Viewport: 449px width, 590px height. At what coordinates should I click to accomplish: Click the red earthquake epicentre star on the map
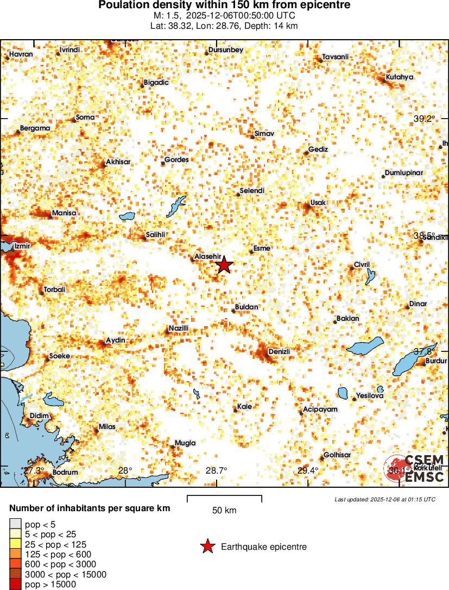tap(224, 265)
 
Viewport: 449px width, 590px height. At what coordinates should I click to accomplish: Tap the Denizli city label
tap(280, 352)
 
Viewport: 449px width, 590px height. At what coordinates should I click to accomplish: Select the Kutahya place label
tap(400, 77)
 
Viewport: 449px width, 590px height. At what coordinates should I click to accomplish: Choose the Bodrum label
tap(65, 472)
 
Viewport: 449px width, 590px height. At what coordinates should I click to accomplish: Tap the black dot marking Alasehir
tap(192, 260)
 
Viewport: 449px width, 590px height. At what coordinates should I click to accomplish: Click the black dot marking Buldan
tap(233, 311)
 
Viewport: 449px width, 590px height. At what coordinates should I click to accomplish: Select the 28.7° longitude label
tap(217, 470)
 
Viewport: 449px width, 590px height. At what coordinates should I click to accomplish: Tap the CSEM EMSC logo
tap(415, 468)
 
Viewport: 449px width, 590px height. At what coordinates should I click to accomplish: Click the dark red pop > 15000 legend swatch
tap(15, 585)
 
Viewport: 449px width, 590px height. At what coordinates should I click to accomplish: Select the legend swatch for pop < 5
tap(15, 524)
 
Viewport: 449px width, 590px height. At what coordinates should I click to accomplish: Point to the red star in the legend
tap(207, 546)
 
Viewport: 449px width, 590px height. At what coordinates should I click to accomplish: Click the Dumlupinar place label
tap(403, 173)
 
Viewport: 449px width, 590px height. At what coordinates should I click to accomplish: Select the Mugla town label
tap(185, 443)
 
